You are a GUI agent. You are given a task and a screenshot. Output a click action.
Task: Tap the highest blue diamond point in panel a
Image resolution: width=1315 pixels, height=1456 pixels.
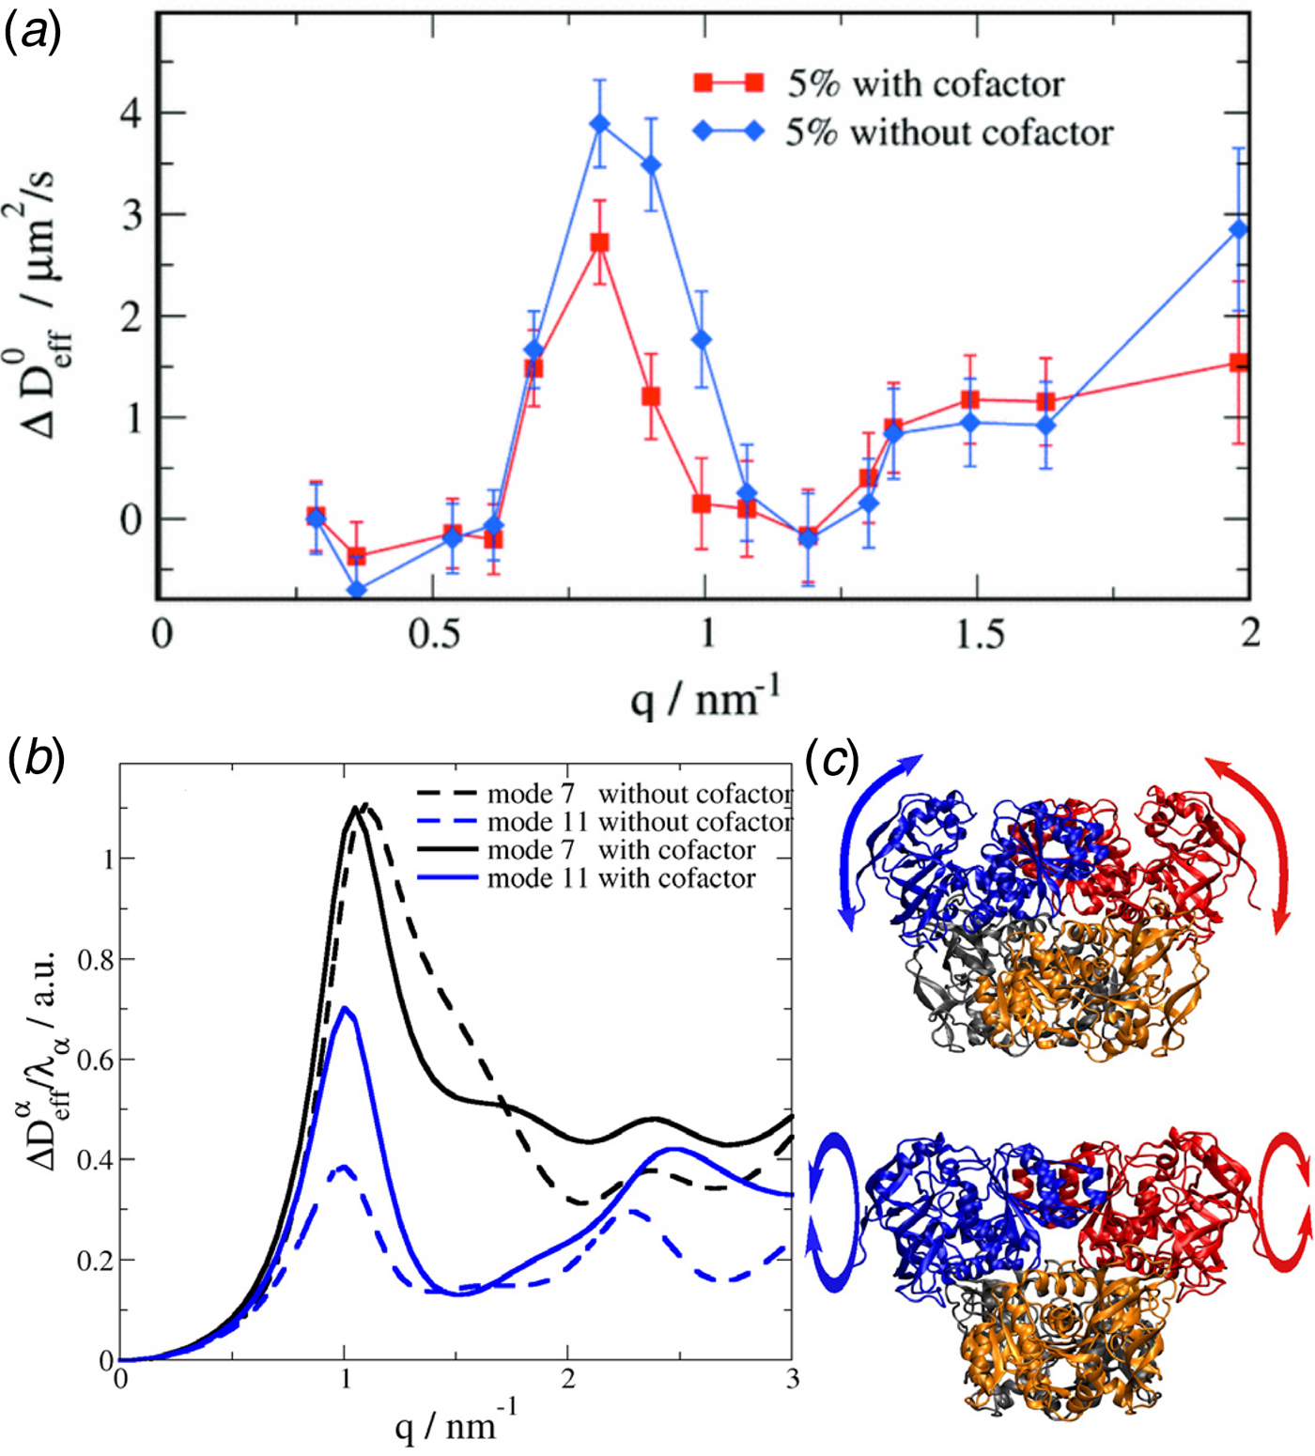(x=600, y=125)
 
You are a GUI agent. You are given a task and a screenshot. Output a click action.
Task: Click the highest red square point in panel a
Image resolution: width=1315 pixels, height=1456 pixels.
(x=599, y=242)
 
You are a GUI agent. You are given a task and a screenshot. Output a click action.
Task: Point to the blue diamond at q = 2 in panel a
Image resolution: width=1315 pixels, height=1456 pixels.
(x=1239, y=229)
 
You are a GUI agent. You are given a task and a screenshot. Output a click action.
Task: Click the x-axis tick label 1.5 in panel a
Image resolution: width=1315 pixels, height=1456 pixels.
(x=979, y=635)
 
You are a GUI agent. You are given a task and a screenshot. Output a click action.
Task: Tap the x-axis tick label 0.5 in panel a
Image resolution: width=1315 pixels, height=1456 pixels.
(x=435, y=635)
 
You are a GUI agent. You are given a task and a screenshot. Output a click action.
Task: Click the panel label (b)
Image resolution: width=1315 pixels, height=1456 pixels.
(x=35, y=759)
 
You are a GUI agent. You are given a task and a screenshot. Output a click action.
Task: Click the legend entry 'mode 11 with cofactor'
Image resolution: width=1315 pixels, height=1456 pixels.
(x=621, y=879)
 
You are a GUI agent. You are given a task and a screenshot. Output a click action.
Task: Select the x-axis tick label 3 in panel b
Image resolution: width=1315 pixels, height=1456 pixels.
(x=793, y=1378)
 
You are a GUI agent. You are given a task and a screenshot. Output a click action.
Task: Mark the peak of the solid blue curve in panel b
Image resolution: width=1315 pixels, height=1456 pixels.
(x=345, y=1008)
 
